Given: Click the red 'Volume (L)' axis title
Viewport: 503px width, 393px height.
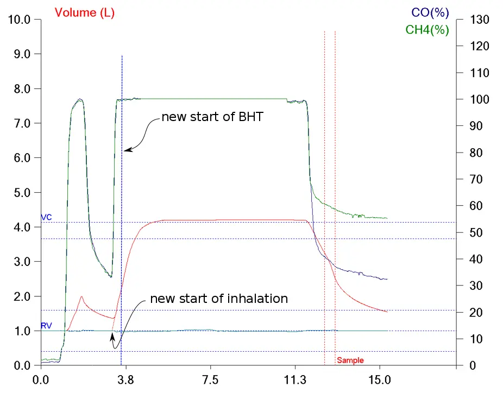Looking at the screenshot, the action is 84,13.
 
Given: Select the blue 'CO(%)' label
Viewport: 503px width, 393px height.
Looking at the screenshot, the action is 430,13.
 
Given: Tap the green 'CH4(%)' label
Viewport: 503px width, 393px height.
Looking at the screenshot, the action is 427,30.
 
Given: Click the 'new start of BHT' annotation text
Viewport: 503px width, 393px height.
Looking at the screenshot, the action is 212,117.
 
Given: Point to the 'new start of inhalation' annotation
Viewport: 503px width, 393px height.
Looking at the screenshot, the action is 219,299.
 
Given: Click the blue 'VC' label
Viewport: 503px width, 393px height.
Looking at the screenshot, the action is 47,217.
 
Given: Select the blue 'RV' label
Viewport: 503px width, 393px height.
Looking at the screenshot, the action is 47,326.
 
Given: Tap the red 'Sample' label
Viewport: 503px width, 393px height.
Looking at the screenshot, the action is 350,360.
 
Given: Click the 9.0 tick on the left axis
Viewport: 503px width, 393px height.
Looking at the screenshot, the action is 22,54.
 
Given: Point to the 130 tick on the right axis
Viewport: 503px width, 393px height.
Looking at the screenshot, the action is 480,20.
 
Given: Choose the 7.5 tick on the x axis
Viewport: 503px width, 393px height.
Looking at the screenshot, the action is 210,380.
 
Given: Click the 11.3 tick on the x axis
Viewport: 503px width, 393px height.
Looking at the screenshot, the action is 295,380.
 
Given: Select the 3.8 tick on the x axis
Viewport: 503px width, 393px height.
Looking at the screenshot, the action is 126,380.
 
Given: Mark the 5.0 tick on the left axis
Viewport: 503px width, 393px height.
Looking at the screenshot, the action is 22,193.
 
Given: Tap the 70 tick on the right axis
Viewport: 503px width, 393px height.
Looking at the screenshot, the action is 476,179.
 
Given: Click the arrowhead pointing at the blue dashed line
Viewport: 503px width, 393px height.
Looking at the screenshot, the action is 128,150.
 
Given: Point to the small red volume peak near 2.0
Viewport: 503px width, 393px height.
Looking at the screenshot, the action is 82,297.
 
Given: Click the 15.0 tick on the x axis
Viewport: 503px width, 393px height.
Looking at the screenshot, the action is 380,380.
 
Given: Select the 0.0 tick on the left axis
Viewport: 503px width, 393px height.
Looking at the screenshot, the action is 22,365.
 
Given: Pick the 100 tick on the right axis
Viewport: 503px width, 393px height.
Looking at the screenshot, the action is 480,99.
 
